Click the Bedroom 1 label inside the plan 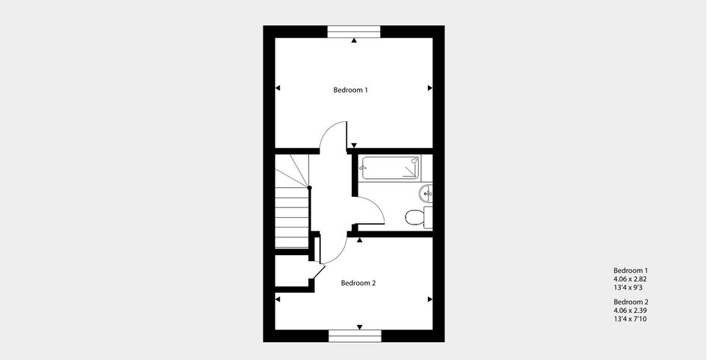[351, 90]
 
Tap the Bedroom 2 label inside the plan [358, 284]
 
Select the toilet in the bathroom [418, 218]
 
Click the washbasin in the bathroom [426, 193]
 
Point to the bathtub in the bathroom [391, 168]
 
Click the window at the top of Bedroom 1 [354, 31]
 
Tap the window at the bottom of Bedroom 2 [355, 336]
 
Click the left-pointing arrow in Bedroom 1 [278, 88]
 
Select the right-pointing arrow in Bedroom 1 [430, 88]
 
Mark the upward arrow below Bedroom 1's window [355, 40]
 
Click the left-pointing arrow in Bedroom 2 [278, 299]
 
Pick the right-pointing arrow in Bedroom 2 [430, 299]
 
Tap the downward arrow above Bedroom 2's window [360, 327]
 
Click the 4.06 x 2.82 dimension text [631, 279]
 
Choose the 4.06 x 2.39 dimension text [631, 311]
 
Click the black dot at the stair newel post [309, 187]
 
